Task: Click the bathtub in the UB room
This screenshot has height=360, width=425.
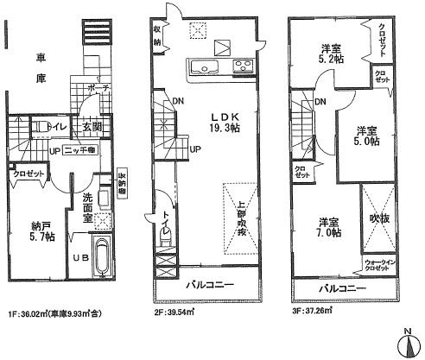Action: point(104,255)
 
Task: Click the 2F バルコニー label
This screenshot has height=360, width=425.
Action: point(208,284)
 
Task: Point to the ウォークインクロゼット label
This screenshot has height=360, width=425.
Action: point(377,265)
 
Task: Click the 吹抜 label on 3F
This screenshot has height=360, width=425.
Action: point(380,219)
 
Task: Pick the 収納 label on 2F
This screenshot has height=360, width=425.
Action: point(159,35)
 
